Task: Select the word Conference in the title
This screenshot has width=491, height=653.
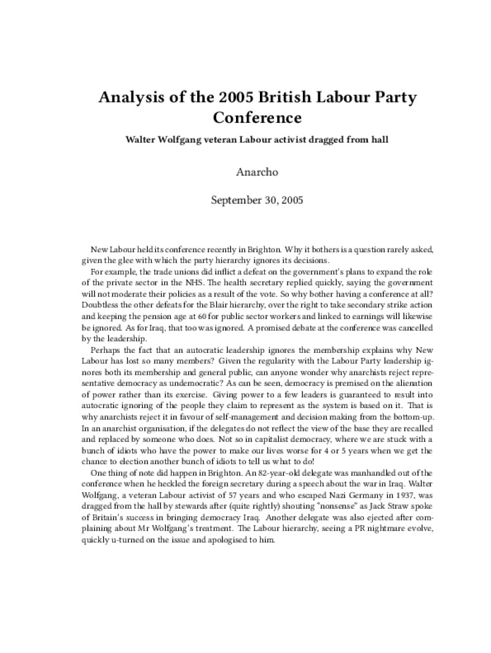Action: click(257, 117)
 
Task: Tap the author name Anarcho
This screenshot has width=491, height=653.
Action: click(257, 172)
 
